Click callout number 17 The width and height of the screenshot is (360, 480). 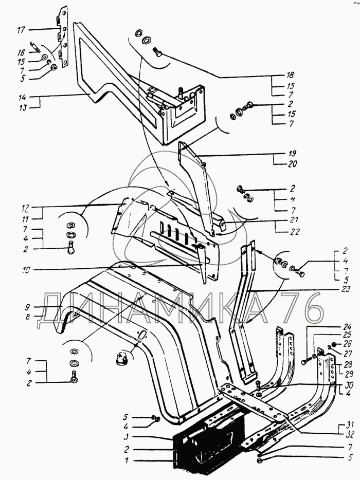[22, 31]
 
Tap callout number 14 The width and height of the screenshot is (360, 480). [22, 97]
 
